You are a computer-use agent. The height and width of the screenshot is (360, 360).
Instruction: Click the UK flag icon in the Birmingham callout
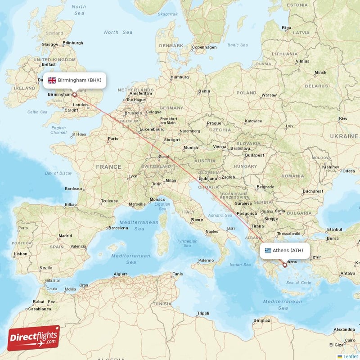(52, 81)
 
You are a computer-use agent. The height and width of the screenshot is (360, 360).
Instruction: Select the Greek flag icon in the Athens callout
(268, 251)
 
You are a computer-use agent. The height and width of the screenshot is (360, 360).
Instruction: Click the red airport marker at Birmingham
(75, 95)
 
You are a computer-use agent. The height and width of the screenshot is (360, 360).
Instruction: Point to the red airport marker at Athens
(284, 265)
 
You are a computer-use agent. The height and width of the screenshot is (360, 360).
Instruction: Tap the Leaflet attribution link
(350, 356)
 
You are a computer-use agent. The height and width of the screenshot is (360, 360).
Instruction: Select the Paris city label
(113, 139)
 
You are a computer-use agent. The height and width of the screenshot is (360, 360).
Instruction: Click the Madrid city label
(65, 235)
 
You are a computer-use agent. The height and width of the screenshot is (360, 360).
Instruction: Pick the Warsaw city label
(269, 95)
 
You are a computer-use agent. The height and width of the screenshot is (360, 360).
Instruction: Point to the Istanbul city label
(334, 229)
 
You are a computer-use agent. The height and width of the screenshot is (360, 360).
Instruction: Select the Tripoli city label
(203, 313)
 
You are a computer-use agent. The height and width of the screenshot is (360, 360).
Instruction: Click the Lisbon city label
(21, 254)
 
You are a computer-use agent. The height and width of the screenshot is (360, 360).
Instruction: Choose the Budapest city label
(255, 155)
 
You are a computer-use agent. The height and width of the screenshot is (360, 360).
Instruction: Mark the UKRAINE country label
(343, 135)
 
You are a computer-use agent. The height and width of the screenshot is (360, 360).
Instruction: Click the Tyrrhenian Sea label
(187, 243)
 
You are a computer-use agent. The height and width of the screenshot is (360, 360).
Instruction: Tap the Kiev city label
(343, 118)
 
